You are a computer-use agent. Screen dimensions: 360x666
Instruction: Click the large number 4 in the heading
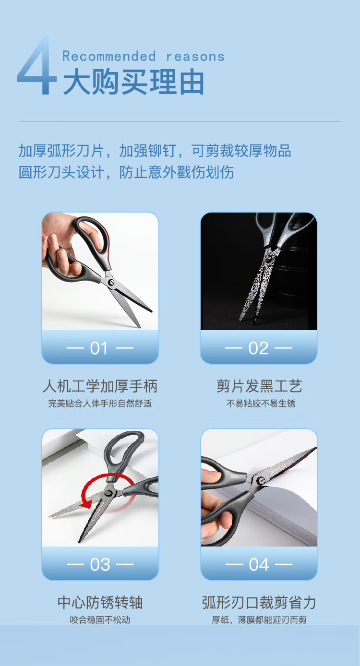[37, 67]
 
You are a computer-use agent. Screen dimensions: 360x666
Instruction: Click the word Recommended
[109, 56]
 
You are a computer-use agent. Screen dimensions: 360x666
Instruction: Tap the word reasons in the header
[195, 57]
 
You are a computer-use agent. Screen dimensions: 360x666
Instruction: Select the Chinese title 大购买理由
[133, 82]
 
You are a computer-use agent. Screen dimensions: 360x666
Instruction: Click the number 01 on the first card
[99, 348]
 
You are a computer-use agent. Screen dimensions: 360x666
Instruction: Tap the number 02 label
[258, 348]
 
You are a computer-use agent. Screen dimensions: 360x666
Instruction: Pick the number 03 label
[100, 565]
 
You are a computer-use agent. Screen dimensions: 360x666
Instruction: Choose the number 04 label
[259, 565]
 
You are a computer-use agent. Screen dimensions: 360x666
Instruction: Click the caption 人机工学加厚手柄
[100, 386]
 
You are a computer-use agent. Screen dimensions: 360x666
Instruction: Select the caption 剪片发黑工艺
[259, 386]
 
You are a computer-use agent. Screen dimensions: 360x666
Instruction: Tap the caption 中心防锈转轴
[100, 603]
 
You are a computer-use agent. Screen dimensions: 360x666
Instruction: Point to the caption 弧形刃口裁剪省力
[259, 603]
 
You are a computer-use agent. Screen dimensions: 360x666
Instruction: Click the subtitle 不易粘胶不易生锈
[261, 404]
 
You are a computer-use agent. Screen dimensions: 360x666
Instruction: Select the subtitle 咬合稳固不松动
[100, 620]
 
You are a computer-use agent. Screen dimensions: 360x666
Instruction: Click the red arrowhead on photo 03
[86, 504]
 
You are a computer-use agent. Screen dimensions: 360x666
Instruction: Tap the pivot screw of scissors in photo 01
[111, 282]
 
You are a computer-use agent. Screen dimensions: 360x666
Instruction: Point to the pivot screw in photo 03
[108, 493]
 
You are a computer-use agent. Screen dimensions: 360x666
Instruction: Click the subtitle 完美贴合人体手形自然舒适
[100, 404]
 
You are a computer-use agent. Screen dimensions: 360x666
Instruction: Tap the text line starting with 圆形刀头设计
[126, 172]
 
